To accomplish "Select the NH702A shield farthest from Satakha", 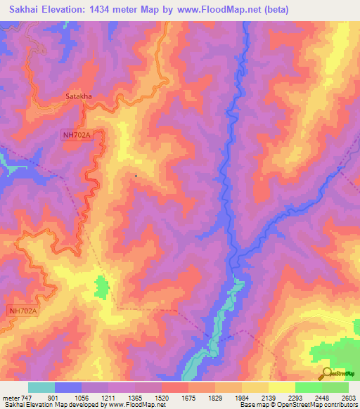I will (22, 310).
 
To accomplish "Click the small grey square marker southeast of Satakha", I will (136, 176).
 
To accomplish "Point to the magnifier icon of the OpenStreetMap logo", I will (325, 373).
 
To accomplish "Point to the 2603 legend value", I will (349, 398).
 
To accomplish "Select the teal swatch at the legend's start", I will (41, 387).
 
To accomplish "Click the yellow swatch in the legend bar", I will (282, 387).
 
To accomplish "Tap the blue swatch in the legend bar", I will (68, 387).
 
